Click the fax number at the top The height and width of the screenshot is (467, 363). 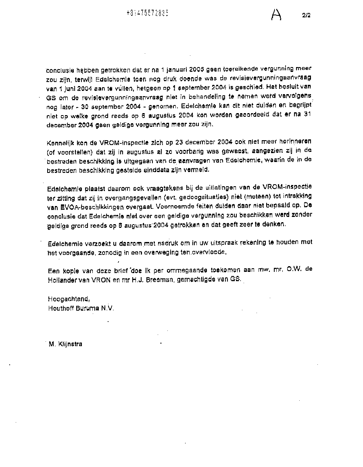pos(147,13)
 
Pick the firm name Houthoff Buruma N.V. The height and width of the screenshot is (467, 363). pos(81,308)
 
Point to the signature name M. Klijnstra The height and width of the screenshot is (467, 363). pos(65,344)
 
